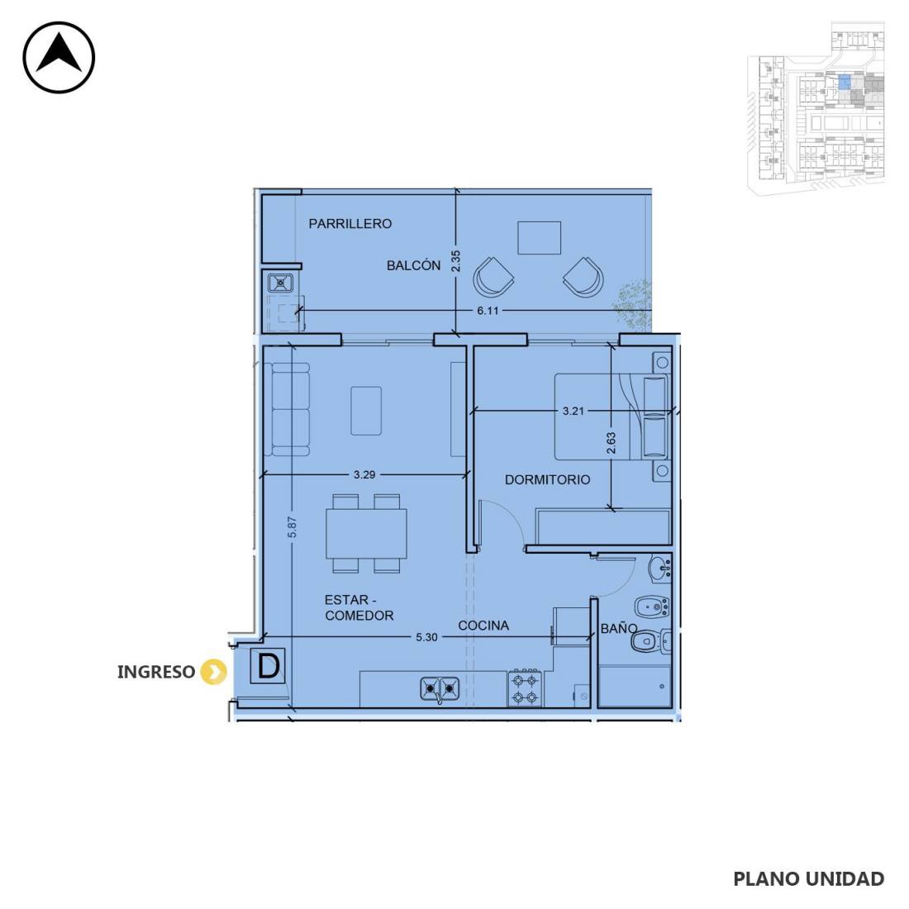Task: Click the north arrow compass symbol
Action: click(59, 57)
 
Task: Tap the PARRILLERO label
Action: click(350, 224)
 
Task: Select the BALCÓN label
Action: click(413, 265)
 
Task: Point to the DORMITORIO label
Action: click(547, 479)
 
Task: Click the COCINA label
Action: click(483, 626)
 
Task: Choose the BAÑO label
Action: click(619, 628)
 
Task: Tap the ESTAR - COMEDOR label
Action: click(359, 607)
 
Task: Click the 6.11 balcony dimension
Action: click(488, 311)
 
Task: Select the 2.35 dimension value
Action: click(455, 261)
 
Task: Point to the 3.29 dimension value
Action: click(364, 475)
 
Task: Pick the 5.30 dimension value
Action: click(426, 637)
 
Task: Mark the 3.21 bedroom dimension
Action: click(573, 411)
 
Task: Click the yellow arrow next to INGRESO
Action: click(213, 672)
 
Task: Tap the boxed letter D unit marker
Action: click(268, 666)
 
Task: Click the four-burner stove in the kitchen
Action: click(526, 688)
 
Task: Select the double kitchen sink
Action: click(440, 688)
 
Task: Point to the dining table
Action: click(366, 533)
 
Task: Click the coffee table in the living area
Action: click(366, 411)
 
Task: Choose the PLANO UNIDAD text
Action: click(809, 879)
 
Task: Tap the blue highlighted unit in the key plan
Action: click(845, 83)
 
